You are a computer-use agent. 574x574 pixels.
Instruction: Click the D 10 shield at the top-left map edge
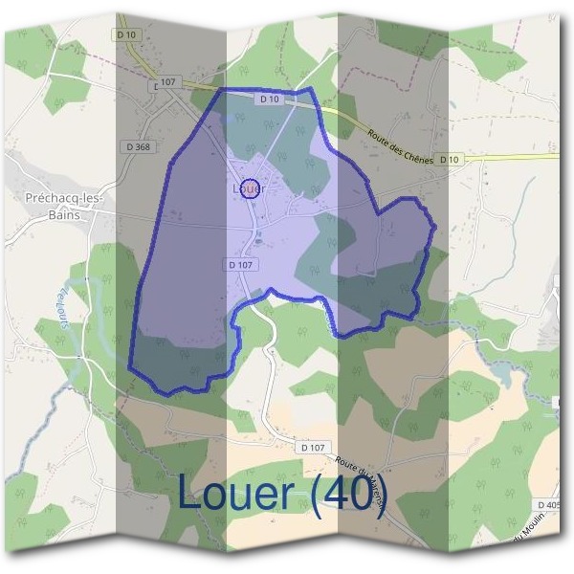pyautogui.click(x=127, y=34)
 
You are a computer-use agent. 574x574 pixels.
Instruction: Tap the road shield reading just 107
pyautogui.click(x=169, y=82)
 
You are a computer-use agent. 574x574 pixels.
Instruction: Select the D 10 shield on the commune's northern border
pyautogui.click(x=269, y=99)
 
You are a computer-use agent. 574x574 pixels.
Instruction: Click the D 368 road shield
pyautogui.click(x=139, y=146)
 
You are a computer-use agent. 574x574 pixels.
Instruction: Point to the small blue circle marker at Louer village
pyautogui.click(x=250, y=187)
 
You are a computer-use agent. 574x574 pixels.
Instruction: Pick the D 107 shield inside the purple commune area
pyautogui.click(x=241, y=264)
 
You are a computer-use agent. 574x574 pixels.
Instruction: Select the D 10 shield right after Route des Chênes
pyautogui.click(x=450, y=160)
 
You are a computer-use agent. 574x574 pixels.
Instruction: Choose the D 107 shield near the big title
pyautogui.click(x=312, y=447)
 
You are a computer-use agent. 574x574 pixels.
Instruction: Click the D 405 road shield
pyautogui.click(x=548, y=504)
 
